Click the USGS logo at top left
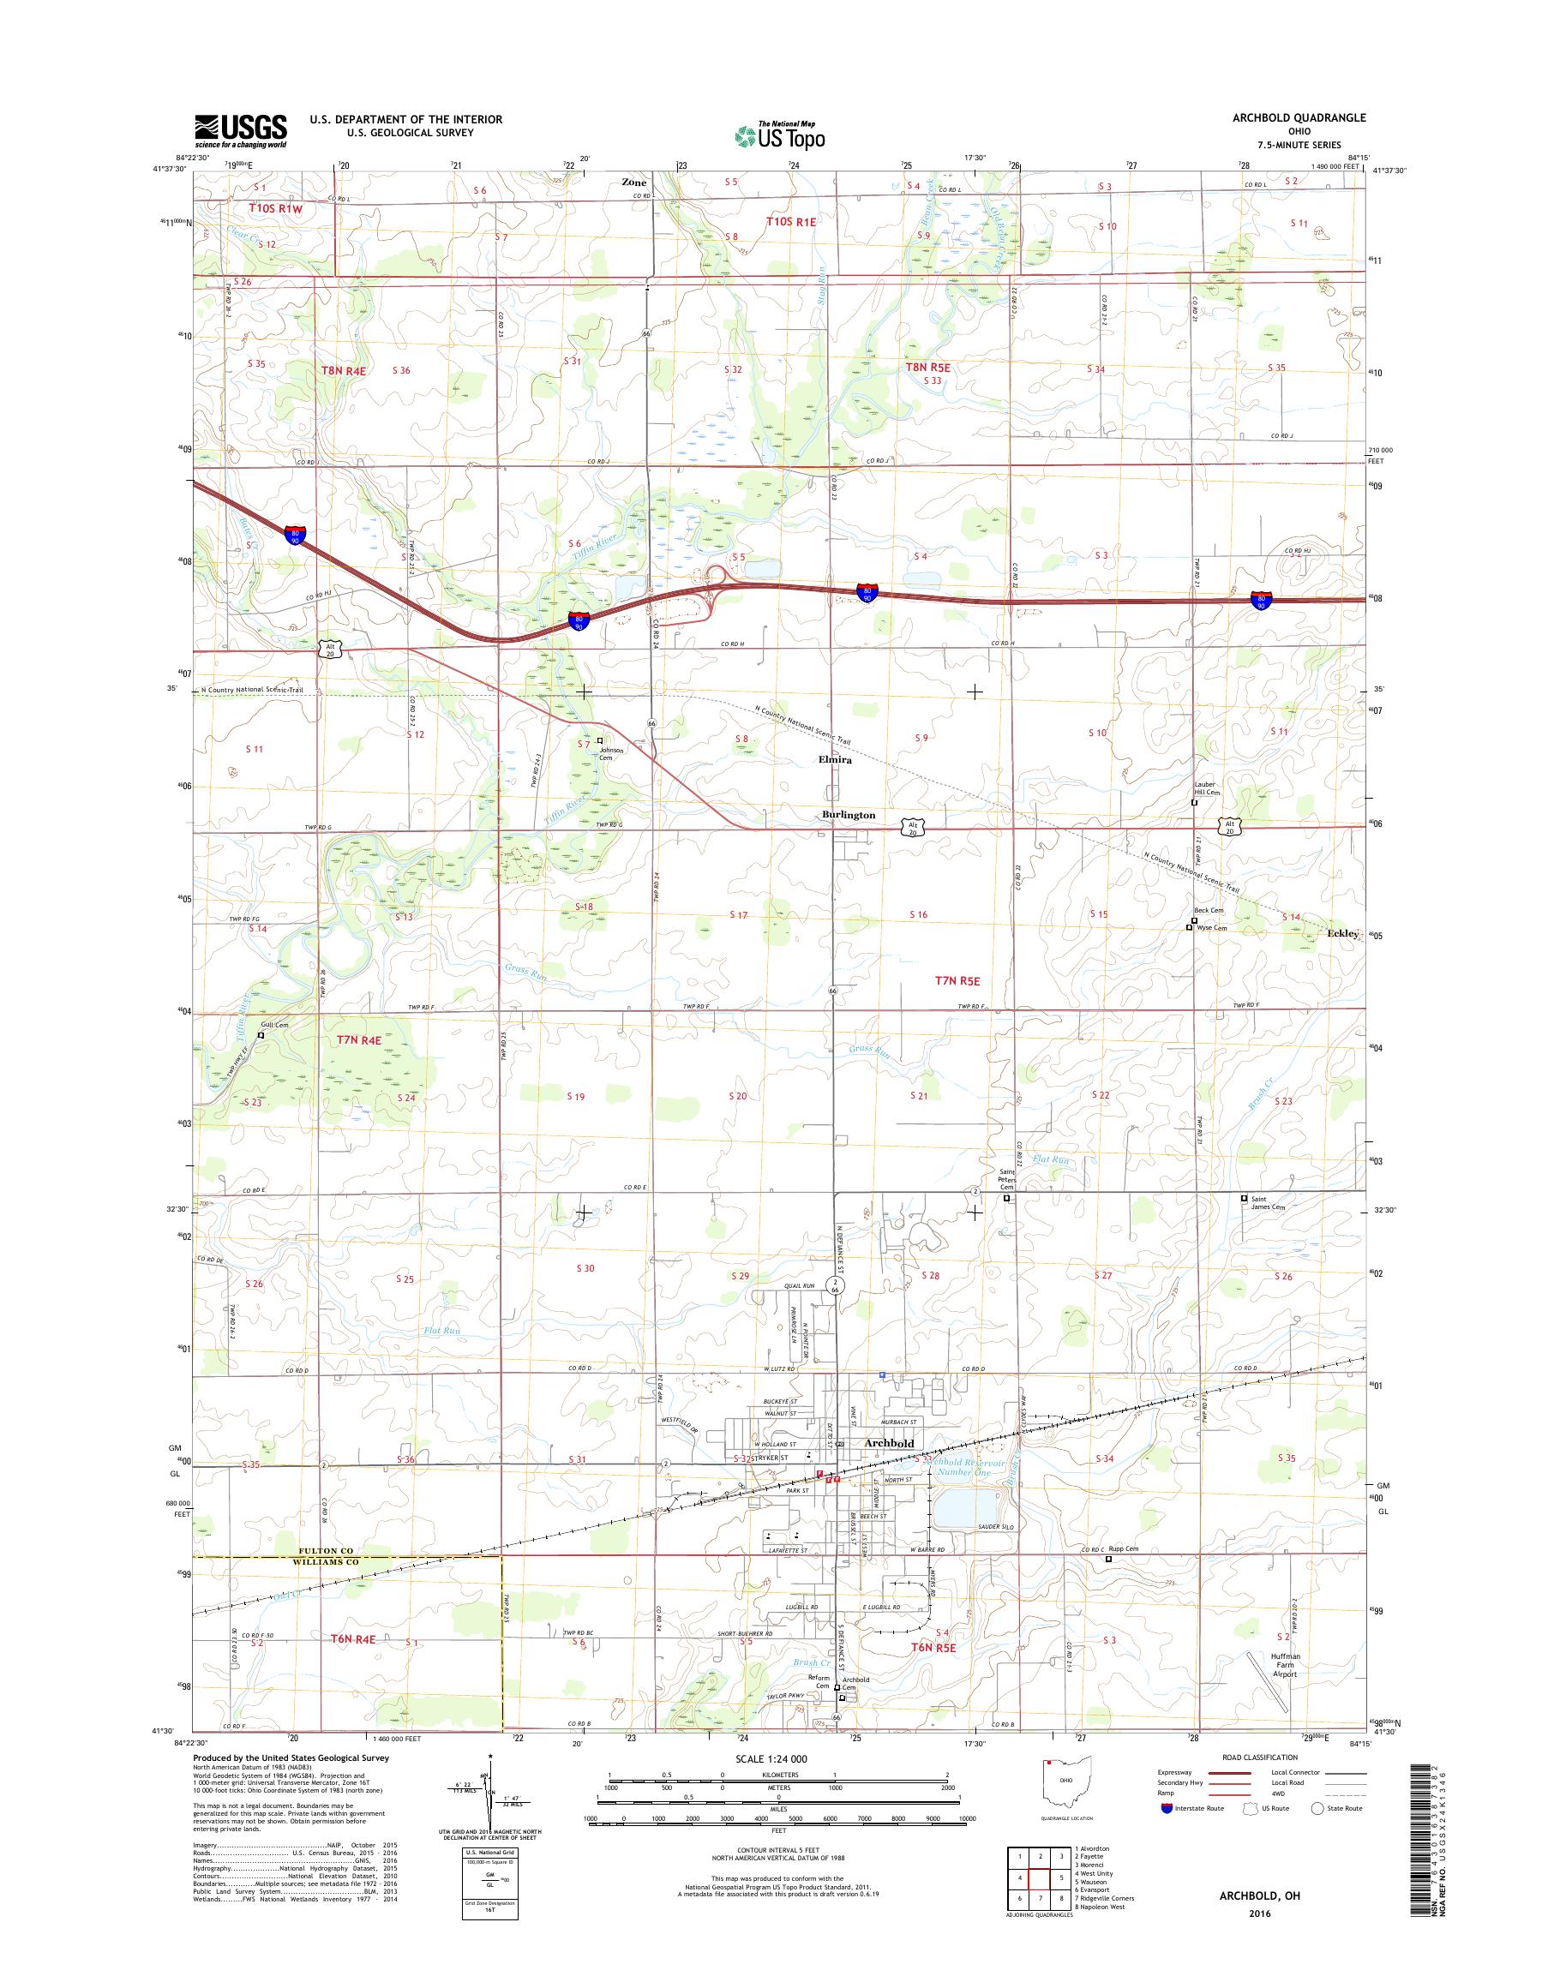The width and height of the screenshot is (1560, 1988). tap(240, 130)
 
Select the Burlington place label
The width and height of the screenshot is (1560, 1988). tap(848, 816)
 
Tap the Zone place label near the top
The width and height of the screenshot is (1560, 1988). tap(634, 183)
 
